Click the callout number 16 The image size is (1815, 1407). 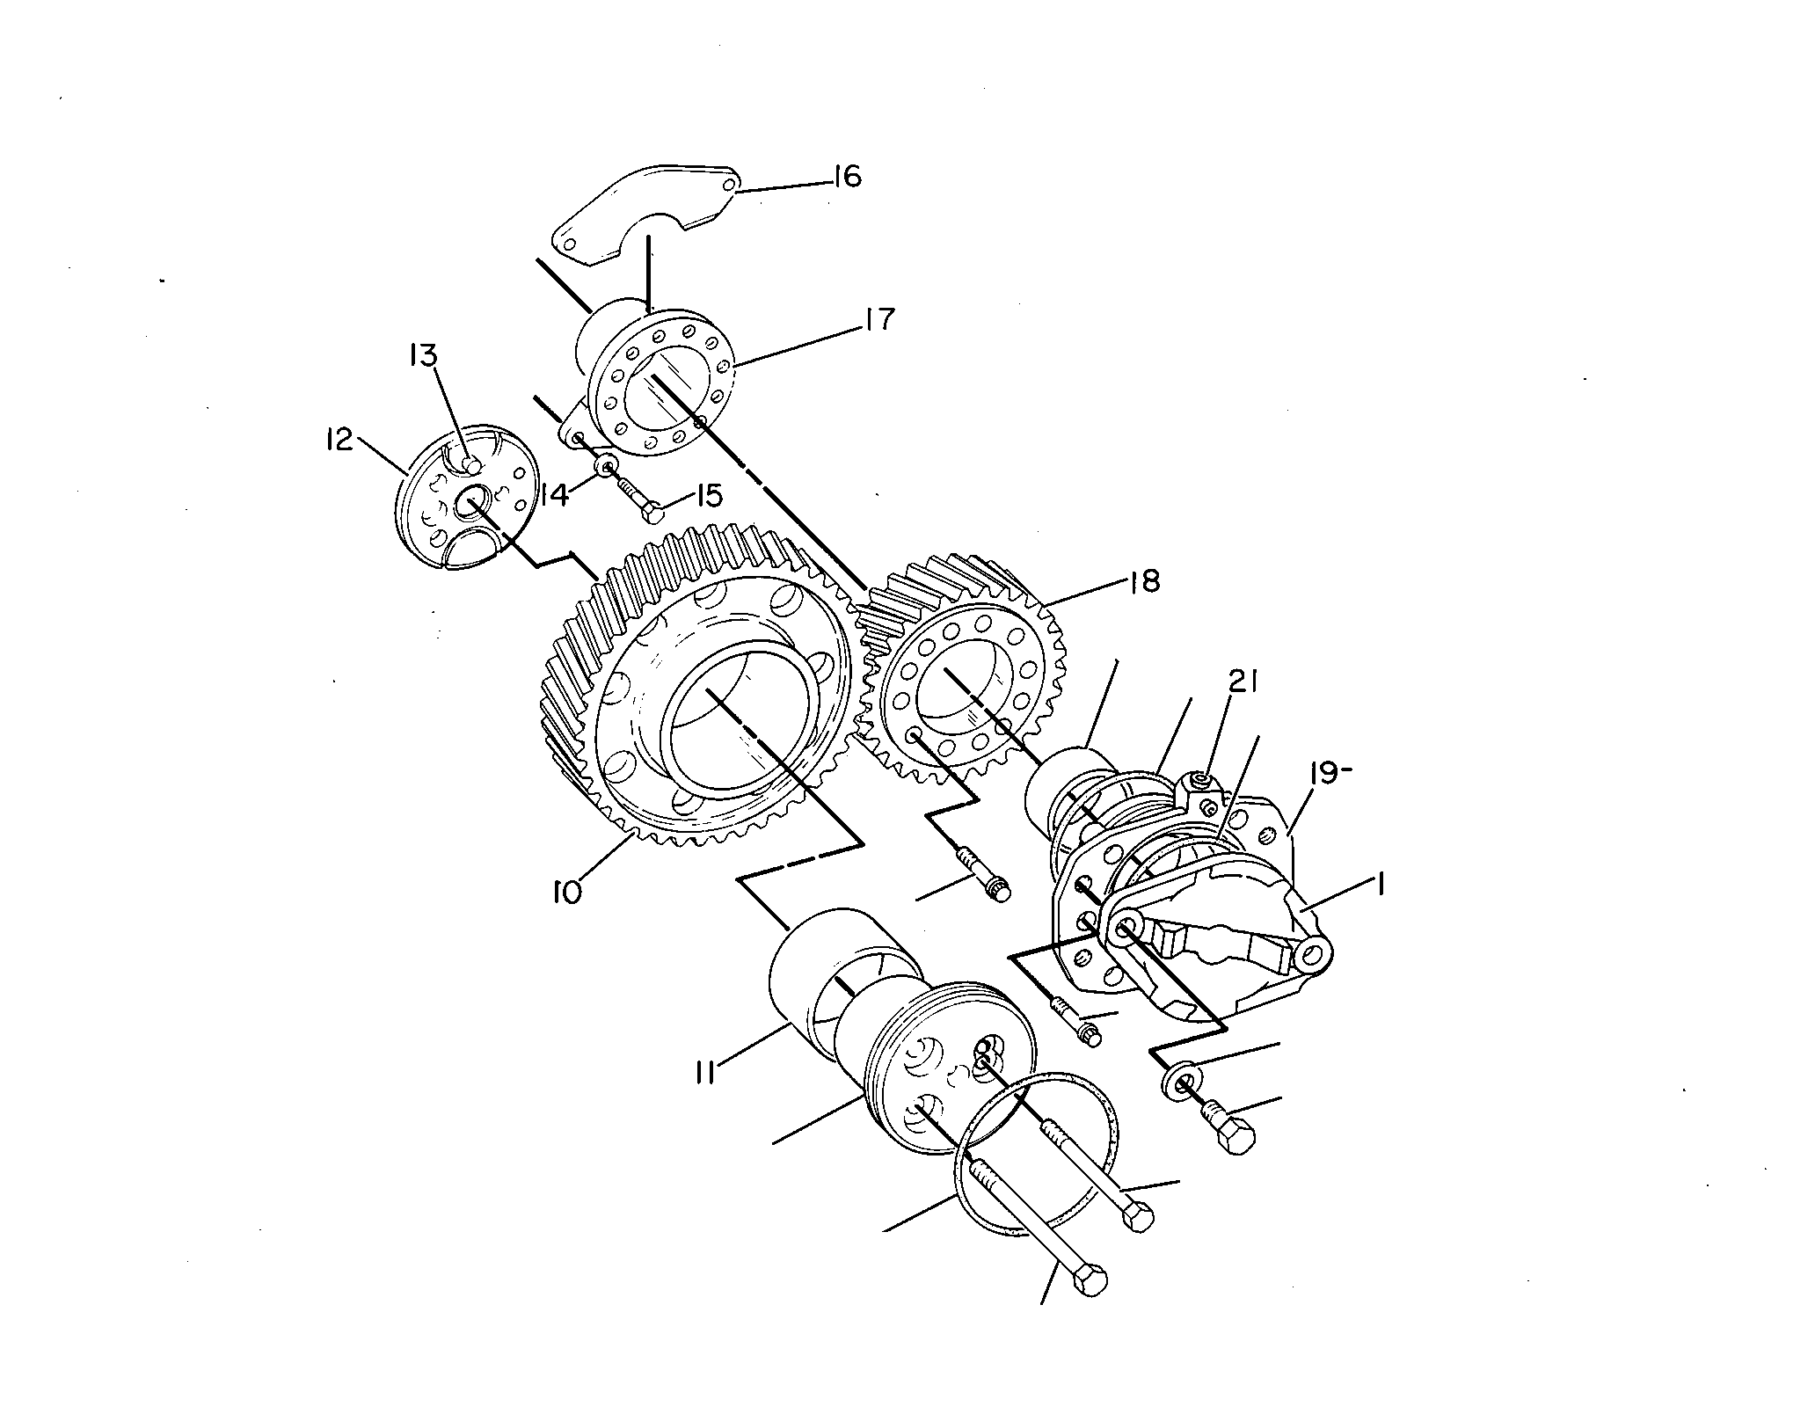pos(846,178)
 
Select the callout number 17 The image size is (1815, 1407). pos(878,319)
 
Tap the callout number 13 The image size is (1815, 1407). pos(423,355)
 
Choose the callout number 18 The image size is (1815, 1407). pos(1144,581)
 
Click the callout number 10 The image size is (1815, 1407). pos(567,893)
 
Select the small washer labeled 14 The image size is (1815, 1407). pos(606,465)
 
